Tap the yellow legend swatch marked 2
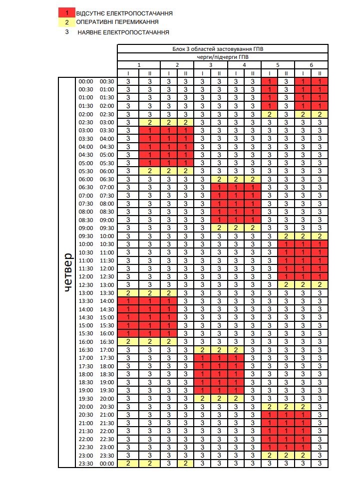67,22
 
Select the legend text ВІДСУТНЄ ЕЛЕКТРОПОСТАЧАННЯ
124,13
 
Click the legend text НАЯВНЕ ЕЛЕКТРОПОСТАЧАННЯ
123,32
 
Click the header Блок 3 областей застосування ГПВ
223,49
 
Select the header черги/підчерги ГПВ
223,57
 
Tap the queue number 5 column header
278,65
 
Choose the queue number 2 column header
177,65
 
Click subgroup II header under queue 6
320,73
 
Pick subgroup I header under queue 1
128,73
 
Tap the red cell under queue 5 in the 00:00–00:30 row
270,82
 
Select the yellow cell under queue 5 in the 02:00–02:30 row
270,114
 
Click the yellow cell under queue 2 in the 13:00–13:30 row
168,293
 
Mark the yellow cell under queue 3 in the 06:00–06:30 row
219,179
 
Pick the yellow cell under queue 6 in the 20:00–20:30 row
303,407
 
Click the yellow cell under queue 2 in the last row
185,464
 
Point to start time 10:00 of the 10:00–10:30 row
86,244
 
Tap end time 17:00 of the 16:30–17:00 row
107,350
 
